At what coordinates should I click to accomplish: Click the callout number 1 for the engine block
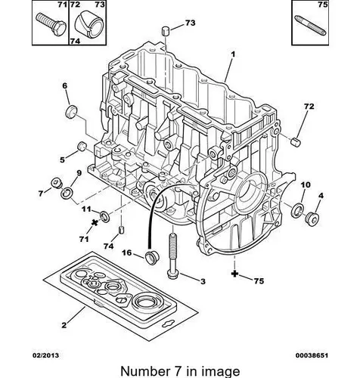pyautogui.click(x=233, y=54)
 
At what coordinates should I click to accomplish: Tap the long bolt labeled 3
pyautogui.click(x=173, y=256)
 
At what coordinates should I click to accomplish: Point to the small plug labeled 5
pyautogui.click(x=81, y=146)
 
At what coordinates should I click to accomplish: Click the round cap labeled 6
pyautogui.click(x=71, y=111)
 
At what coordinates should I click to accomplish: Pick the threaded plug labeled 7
pyautogui.click(x=56, y=183)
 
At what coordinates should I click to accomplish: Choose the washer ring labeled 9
pyautogui.click(x=67, y=193)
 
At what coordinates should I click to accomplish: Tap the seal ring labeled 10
pyautogui.click(x=297, y=209)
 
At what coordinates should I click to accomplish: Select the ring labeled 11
pyautogui.click(x=105, y=216)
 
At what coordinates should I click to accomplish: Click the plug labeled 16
pyautogui.click(x=151, y=257)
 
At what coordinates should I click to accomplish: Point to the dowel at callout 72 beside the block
pyautogui.click(x=296, y=141)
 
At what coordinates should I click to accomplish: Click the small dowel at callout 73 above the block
pyautogui.click(x=165, y=32)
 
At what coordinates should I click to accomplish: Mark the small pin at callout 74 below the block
pyautogui.click(x=121, y=230)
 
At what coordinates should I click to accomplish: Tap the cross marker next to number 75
pyautogui.click(x=234, y=274)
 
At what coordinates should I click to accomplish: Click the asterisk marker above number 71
pyautogui.click(x=95, y=222)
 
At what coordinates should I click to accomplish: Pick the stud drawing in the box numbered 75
pyautogui.click(x=311, y=25)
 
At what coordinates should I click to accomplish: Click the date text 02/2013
pyautogui.click(x=45, y=355)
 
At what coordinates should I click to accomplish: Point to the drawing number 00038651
pyautogui.click(x=312, y=355)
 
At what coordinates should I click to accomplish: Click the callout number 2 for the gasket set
pyautogui.click(x=64, y=325)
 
